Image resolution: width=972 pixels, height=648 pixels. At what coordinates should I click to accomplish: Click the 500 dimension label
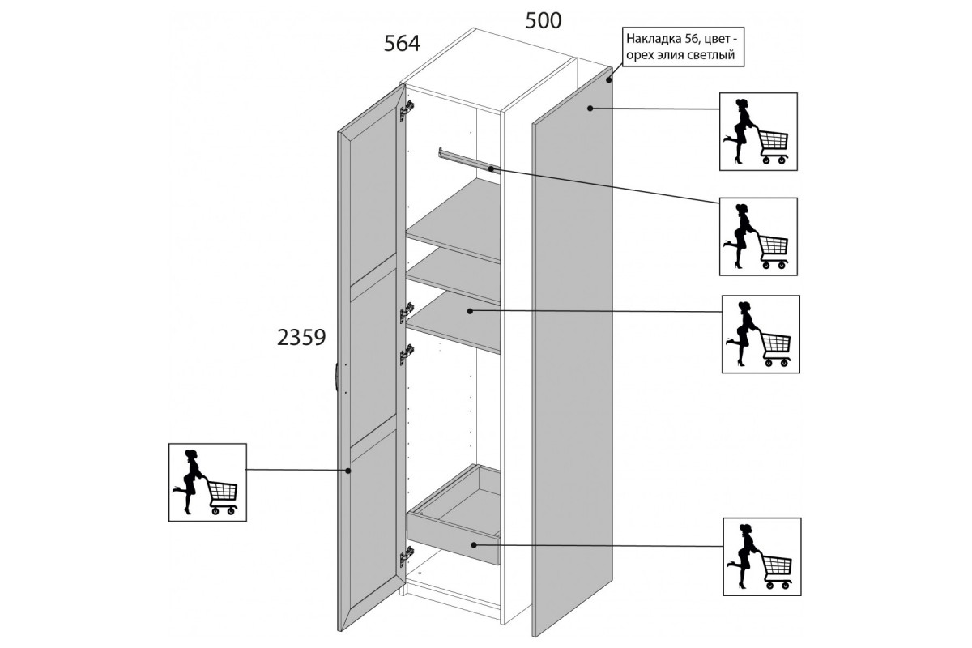tap(544, 20)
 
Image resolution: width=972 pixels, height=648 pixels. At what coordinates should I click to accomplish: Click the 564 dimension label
tap(402, 44)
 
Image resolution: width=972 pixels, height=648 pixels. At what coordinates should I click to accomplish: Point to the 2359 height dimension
tap(301, 337)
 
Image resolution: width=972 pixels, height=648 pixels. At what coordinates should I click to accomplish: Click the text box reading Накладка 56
tap(683, 47)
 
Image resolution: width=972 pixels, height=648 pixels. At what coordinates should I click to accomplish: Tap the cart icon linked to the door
tap(207, 482)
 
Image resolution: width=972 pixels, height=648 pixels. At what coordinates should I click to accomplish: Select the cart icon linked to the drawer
tap(762, 556)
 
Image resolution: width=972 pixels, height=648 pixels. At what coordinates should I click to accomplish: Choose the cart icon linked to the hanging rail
tap(758, 237)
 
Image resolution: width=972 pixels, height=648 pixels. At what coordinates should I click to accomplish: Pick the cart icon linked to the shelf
tap(761, 335)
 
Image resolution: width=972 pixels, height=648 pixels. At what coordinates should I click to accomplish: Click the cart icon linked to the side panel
tap(758, 131)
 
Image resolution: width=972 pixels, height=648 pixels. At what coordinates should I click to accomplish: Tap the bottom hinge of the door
tap(407, 556)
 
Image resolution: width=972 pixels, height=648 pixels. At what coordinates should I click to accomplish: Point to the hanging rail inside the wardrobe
tap(469, 160)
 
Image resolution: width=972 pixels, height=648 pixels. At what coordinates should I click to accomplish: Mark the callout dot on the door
tap(347, 471)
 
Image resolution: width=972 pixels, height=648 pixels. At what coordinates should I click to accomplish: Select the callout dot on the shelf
tap(470, 311)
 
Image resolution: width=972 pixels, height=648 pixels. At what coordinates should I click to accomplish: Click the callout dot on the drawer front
tap(474, 544)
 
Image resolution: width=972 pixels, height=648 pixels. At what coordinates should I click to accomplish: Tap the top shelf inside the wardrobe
tap(453, 220)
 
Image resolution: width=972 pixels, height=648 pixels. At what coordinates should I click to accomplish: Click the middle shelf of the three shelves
tap(453, 276)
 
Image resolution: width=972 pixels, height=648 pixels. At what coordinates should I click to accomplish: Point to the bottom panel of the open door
tap(373, 516)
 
